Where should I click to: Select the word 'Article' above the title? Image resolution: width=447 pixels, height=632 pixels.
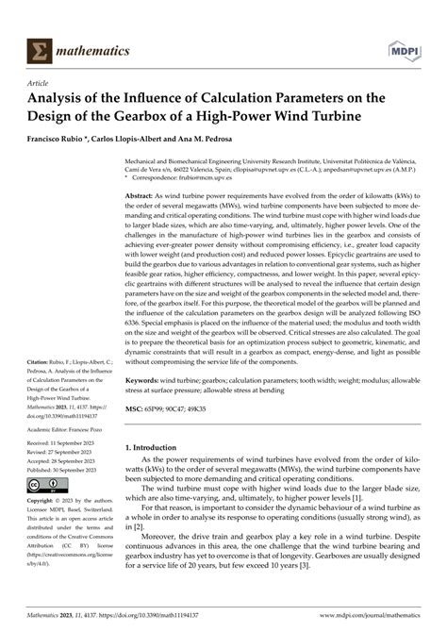pyautogui.click(x=40, y=82)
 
